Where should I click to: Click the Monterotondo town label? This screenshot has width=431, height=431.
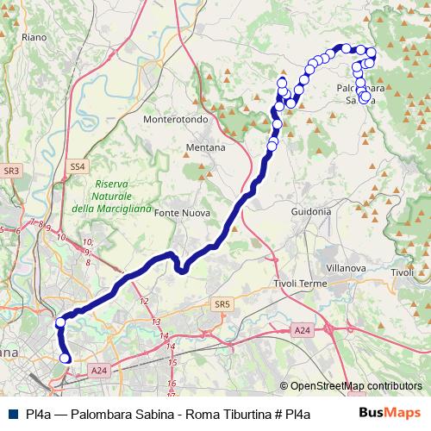click(177, 120)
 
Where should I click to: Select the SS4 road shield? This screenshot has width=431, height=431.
click(78, 166)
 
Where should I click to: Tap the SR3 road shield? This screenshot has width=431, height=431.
click(11, 172)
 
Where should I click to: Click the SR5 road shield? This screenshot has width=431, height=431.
click(222, 304)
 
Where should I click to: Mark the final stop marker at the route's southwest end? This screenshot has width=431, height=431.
click(66, 358)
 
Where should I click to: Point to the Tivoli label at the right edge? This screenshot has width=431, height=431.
click(403, 273)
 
